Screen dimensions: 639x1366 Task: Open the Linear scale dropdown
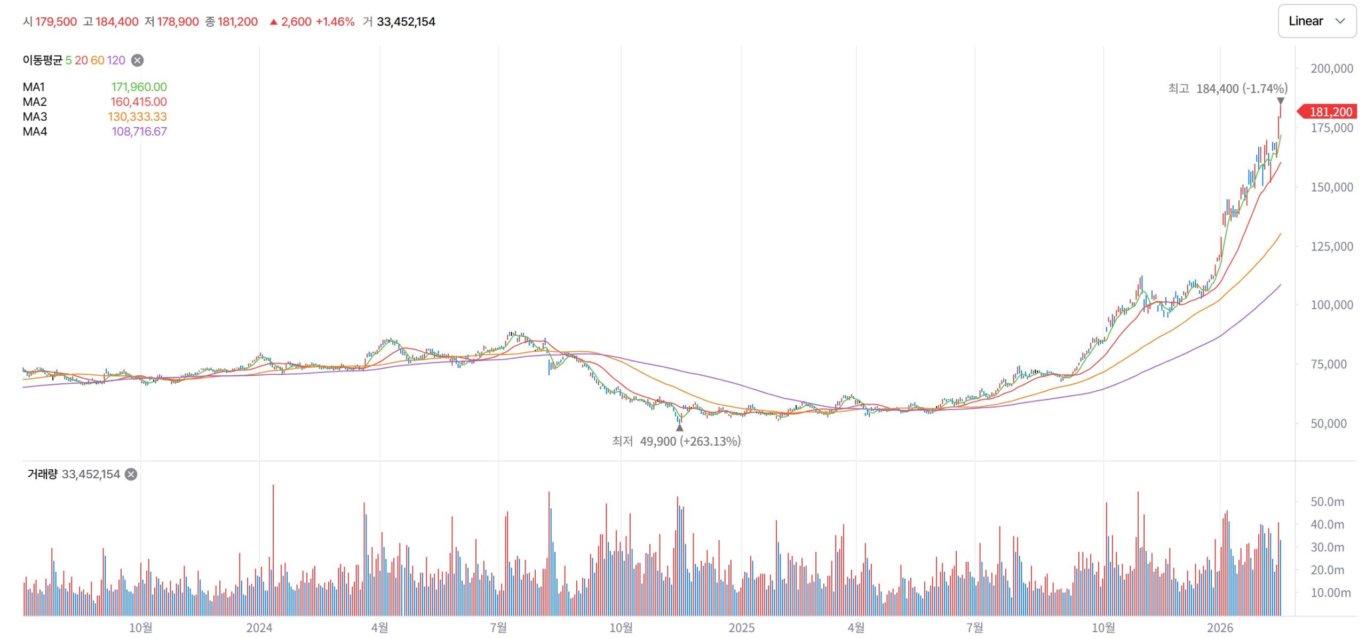pos(1316,21)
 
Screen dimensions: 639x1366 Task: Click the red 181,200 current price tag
pos(1330,112)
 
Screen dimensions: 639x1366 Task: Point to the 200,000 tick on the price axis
pos(1331,68)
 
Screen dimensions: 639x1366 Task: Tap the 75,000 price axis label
pos(1331,364)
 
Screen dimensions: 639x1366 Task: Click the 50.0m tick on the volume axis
pos(1327,502)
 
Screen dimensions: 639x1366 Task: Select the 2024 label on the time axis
pos(259,628)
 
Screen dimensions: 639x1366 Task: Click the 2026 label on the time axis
pos(1220,628)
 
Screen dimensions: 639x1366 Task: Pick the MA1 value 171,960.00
pos(139,87)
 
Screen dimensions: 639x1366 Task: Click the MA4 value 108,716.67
pos(139,132)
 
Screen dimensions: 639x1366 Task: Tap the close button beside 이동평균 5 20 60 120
pos(137,60)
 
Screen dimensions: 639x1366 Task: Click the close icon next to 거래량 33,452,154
pos(131,474)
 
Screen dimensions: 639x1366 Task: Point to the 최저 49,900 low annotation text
pos(676,441)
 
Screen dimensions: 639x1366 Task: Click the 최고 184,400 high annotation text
pos(1227,89)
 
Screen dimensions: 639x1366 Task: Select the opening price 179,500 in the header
pos(56,22)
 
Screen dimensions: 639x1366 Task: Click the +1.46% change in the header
pos(335,22)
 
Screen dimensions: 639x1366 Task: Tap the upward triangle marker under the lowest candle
pos(679,428)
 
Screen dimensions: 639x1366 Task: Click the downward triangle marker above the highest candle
pos(1280,101)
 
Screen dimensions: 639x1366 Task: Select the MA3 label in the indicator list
pos(35,117)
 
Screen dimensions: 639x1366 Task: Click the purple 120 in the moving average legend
pos(116,60)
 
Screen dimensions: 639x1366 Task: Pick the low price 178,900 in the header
pos(178,22)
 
